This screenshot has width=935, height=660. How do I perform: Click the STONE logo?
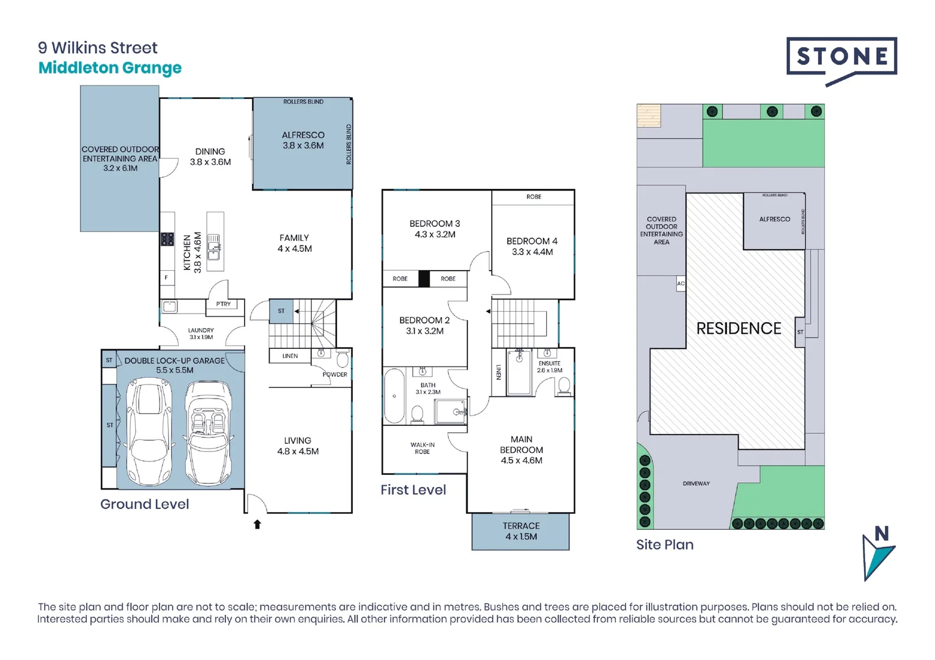click(x=841, y=59)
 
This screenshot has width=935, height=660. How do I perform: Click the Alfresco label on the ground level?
click(x=303, y=140)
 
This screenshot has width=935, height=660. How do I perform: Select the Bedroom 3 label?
click(x=434, y=229)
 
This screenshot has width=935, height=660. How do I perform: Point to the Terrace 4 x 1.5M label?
click(x=521, y=531)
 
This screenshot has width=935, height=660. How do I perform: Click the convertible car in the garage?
click(x=208, y=431)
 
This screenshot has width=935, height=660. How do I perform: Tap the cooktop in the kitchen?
click(x=168, y=239)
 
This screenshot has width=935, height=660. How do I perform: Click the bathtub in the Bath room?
click(x=394, y=396)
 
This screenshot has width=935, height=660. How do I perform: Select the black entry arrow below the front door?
click(x=257, y=524)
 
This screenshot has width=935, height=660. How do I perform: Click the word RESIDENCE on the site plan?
click(x=739, y=329)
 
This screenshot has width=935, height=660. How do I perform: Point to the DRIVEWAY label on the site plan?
click(x=696, y=483)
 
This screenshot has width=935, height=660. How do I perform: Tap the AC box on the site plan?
click(x=681, y=284)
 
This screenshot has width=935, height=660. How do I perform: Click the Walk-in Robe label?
click(x=422, y=448)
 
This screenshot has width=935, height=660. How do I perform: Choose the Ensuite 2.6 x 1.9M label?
click(x=549, y=367)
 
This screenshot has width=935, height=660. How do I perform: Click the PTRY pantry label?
click(x=223, y=304)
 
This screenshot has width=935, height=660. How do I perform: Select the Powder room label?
click(x=334, y=375)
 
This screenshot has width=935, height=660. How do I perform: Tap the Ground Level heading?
click(x=144, y=504)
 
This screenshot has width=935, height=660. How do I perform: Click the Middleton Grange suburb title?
click(x=110, y=68)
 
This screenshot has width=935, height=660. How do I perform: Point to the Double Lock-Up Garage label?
click(x=174, y=365)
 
